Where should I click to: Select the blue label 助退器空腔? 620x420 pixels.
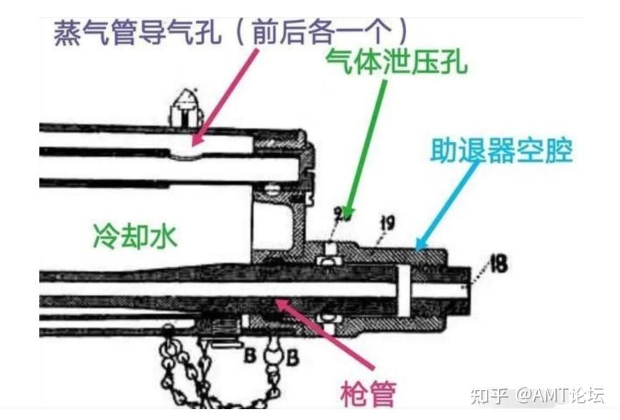(x=501, y=151)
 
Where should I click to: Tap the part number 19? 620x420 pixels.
(x=387, y=224)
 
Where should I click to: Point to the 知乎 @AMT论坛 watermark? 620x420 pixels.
(x=536, y=395)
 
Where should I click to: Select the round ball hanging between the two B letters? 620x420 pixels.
(x=273, y=355)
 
